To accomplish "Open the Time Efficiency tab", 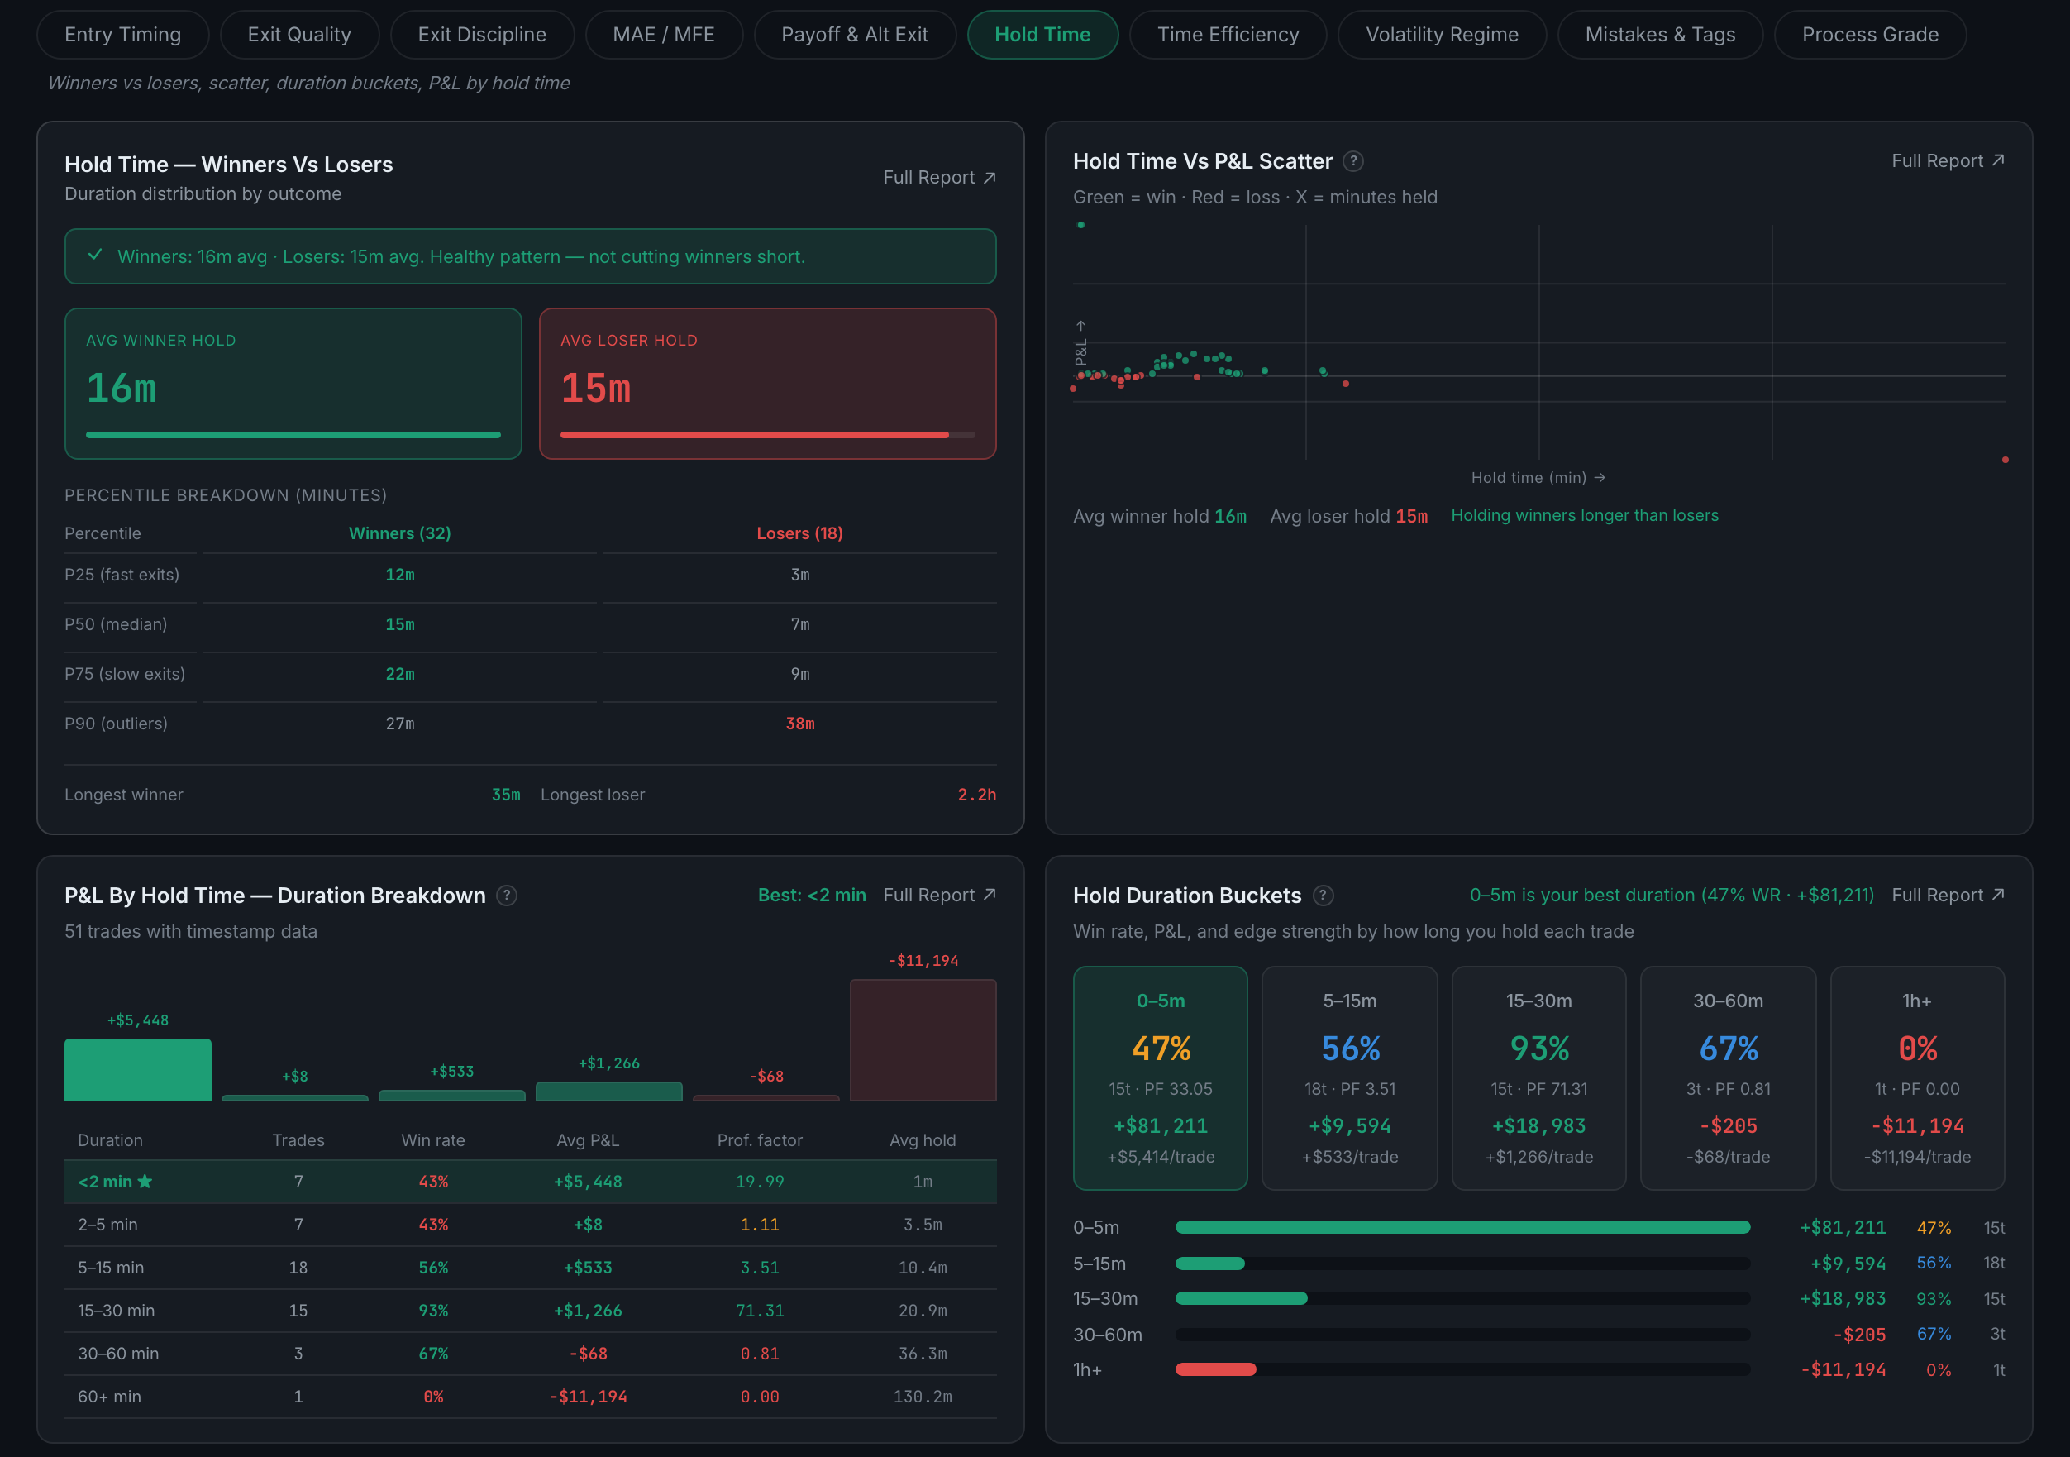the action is (1227, 34).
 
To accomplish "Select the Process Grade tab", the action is (1869, 34).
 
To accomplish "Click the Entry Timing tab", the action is (122, 34).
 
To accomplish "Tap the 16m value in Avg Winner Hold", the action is (122, 388).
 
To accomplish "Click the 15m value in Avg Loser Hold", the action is (596, 388).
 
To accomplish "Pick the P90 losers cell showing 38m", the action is (799, 723).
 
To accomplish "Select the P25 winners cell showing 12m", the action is (400, 575).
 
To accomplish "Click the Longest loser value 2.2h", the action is (976, 795).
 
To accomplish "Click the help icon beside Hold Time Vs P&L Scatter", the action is (1352, 161).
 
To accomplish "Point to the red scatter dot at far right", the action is (2005, 460).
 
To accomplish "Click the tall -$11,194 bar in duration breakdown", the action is (923, 1039).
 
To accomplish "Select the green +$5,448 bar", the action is (138, 1069).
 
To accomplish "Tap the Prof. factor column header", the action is (759, 1139).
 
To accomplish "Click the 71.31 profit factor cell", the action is (759, 1310).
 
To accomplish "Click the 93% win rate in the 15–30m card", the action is (1539, 1048).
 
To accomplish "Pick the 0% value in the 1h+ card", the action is (1917, 1048).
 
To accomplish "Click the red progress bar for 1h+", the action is (1215, 1369).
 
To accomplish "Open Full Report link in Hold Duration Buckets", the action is (1948, 895).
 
